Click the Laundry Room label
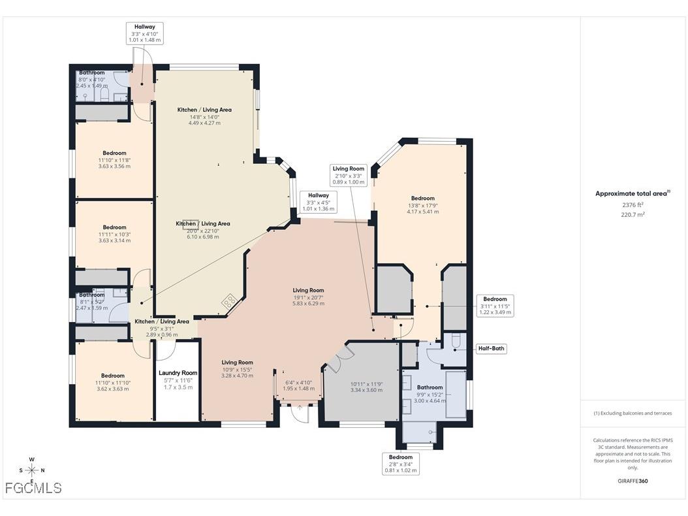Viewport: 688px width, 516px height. [x=178, y=373]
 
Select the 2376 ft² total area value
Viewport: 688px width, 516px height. [x=632, y=204]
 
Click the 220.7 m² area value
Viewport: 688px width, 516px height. [x=632, y=214]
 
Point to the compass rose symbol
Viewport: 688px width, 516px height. [x=31, y=470]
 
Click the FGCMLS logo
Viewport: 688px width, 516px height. [x=33, y=488]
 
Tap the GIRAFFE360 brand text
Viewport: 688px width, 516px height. [x=633, y=481]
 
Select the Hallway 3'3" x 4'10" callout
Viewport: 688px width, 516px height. [x=144, y=33]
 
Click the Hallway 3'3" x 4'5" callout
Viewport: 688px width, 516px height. [x=318, y=202]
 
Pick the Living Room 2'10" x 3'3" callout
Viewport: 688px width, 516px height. [x=349, y=176]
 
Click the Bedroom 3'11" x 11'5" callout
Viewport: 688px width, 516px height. [x=495, y=306]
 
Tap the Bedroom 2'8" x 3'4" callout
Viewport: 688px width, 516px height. [x=401, y=464]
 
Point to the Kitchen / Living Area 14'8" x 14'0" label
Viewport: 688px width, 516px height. [x=204, y=116]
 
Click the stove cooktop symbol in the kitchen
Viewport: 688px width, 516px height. [x=230, y=301]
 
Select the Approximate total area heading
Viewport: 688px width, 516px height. [x=632, y=193]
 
